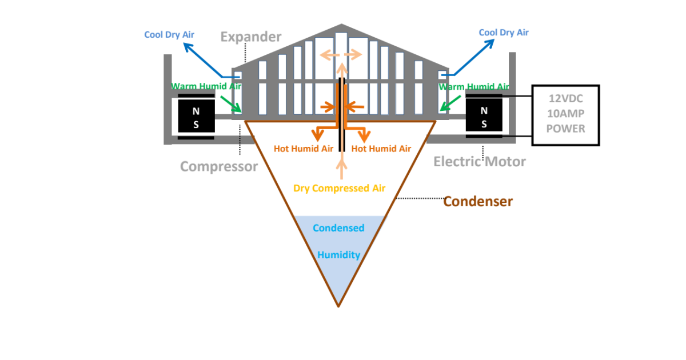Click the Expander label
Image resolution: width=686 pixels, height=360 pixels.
251,37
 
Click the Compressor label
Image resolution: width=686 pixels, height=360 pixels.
219,166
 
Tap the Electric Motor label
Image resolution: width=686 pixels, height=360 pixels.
479,162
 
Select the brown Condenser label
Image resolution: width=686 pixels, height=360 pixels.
478,201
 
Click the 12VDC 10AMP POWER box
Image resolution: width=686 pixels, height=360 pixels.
565,115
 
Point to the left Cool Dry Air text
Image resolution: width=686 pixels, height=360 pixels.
169,35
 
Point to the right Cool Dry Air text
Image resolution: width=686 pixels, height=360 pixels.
504,33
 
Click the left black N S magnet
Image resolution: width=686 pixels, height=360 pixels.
196,117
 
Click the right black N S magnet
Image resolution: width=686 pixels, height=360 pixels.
484,117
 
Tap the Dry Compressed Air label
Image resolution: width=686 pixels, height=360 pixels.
339,188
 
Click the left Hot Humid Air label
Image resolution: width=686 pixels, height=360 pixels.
303,149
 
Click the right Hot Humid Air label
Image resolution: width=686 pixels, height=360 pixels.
381,149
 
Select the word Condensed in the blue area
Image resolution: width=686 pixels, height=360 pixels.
338,228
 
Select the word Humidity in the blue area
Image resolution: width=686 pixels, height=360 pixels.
338,255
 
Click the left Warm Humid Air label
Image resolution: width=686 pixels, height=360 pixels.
206,87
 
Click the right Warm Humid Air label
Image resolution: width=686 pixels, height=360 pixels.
474,87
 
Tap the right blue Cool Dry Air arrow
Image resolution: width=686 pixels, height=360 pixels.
472,59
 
